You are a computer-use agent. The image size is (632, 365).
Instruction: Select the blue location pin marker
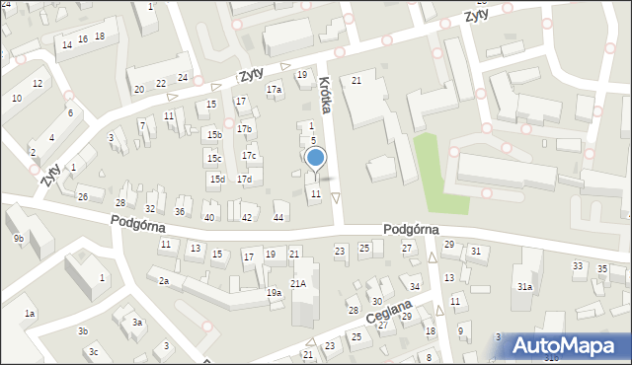pos(315,158)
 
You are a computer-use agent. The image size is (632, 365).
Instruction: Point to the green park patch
pos(438,172)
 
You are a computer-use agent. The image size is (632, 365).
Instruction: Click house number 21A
pos(298,284)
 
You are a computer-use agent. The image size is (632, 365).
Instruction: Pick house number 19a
pos(274,293)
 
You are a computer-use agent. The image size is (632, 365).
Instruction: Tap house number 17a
pos(274,90)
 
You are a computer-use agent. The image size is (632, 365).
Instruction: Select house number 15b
pos(214,134)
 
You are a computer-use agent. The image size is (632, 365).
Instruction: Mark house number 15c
pos(213,158)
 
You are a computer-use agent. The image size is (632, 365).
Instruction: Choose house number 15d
pos(217,179)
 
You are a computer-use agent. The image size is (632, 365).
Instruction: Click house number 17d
pos(243,179)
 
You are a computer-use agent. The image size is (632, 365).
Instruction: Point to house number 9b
pos(19,238)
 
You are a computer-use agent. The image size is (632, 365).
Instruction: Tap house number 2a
pos(164,281)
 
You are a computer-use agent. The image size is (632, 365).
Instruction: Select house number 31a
pos(525,287)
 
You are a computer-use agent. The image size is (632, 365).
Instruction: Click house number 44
pos(279,217)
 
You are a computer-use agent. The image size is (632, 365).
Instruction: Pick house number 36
pos(180,212)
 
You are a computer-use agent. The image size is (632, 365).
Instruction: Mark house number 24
pos(183,77)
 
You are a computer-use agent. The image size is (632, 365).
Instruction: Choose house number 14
pos(67,45)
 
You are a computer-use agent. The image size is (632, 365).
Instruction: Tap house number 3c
pos(93,351)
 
